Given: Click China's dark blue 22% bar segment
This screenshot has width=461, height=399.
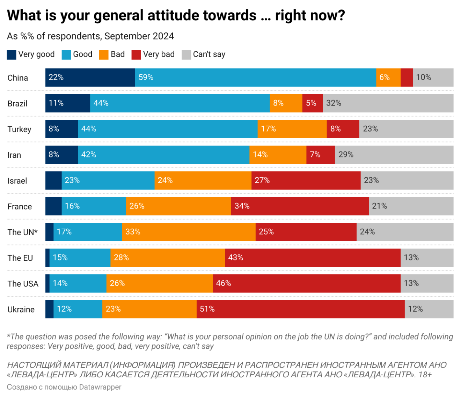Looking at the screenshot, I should click(x=90, y=77).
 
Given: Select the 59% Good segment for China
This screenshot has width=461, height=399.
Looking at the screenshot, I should click(x=255, y=77).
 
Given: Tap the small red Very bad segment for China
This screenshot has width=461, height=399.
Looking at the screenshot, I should click(x=407, y=77).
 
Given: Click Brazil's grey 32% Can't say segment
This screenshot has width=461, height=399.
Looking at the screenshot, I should click(x=388, y=103).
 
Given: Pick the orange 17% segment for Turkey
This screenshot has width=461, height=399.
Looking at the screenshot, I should click(x=292, y=129).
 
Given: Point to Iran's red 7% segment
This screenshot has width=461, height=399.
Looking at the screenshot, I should click(x=321, y=155).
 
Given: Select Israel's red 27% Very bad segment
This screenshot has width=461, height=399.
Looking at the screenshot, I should click(x=306, y=180).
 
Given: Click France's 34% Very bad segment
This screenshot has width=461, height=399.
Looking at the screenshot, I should click(x=300, y=206).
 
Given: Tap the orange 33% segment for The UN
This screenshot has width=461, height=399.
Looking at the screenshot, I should click(x=189, y=232).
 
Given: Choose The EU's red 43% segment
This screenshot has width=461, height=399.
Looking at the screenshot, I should click(x=313, y=258).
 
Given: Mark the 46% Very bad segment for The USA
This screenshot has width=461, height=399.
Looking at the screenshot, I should click(x=307, y=283).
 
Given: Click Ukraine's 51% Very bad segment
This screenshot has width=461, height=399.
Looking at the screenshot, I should click(x=300, y=309).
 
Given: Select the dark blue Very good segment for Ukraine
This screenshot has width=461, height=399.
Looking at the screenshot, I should click(x=50, y=309).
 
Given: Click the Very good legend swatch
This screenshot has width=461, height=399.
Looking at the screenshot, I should click(x=12, y=55).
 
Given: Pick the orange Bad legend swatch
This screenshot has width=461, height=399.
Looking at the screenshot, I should click(x=104, y=55).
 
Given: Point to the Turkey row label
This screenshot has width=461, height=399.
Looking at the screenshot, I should click(x=20, y=130).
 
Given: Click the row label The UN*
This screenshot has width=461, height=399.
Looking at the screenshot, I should click(x=23, y=232).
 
